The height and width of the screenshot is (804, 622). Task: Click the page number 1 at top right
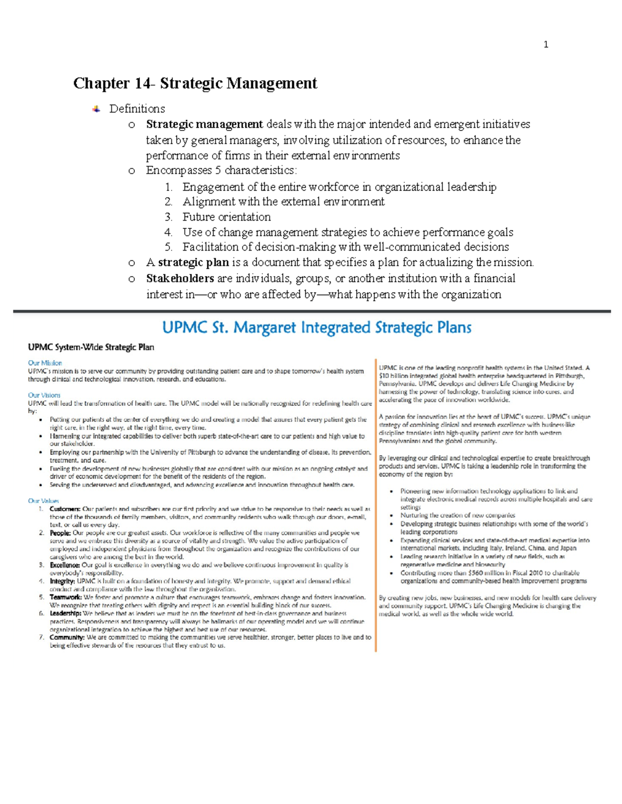click(x=546, y=45)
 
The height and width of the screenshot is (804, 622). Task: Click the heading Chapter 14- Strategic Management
click(x=195, y=83)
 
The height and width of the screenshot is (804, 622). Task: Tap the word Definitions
click(x=137, y=109)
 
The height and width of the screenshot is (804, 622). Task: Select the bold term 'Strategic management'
click(x=204, y=124)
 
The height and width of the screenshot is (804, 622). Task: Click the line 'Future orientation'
click(x=227, y=217)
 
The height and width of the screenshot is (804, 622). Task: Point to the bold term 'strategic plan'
click(x=193, y=262)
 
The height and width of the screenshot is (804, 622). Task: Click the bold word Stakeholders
click(x=180, y=279)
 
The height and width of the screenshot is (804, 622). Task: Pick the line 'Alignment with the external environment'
click(x=284, y=202)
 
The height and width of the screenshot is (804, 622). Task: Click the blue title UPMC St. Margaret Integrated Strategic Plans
click(x=317, y=328)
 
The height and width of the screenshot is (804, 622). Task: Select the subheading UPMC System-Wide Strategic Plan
click(x=91, y=347)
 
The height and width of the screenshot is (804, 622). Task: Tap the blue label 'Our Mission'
click(x=45, y=363)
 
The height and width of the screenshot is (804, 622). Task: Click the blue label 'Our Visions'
click(x=44, y=395)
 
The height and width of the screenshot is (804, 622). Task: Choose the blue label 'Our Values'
click(x=44, y=501)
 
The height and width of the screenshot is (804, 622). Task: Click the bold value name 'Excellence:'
click(x=65, y=565)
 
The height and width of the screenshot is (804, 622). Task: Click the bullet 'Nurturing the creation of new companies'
click(x=458, y=515)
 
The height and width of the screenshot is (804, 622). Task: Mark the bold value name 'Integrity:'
click(x=62, y=581)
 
